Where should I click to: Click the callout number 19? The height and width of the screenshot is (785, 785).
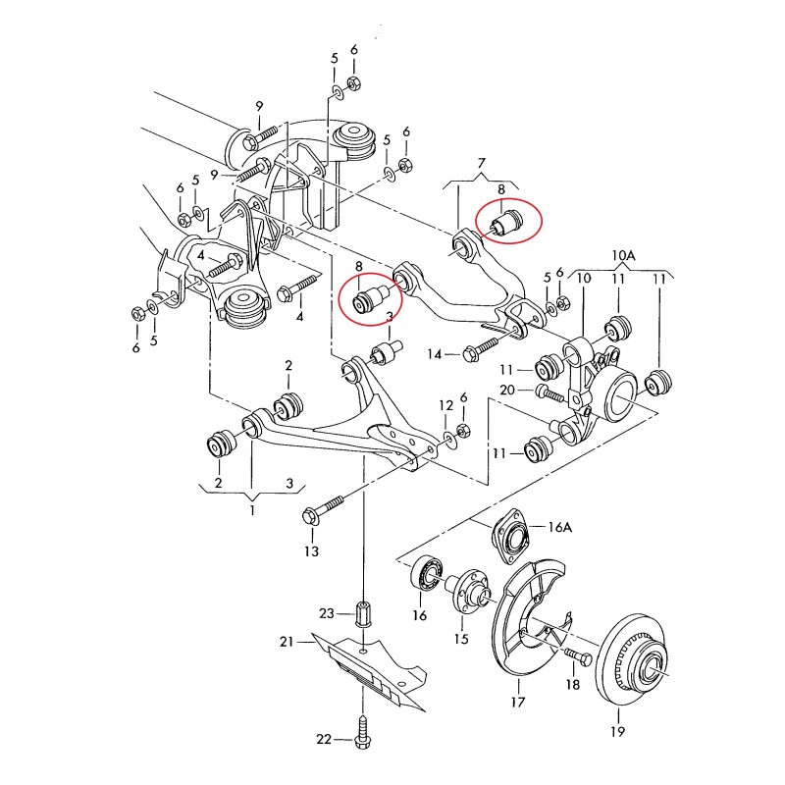[x=618, y=731]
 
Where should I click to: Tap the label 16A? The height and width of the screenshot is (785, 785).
[x=560, y=527]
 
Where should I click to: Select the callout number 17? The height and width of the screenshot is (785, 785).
[x=518, y=702]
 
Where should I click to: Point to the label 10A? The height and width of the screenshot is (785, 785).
[x=623, y=255]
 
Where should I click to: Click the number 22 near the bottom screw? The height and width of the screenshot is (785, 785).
[x=324, y=739]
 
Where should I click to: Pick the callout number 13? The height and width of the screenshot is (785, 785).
[x=311, y=551]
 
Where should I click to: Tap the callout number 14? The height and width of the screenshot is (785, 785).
[x=435, y=354]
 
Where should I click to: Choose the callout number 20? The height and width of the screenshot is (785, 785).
[x=507, y=389]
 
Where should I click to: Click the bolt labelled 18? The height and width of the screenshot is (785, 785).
[x=578, y=655]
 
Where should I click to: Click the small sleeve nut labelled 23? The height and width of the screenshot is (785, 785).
[x=362, y=612]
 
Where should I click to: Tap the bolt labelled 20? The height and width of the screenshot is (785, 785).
[x=549, y=392]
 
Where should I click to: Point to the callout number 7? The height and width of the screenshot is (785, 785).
[x=481, y=163]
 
